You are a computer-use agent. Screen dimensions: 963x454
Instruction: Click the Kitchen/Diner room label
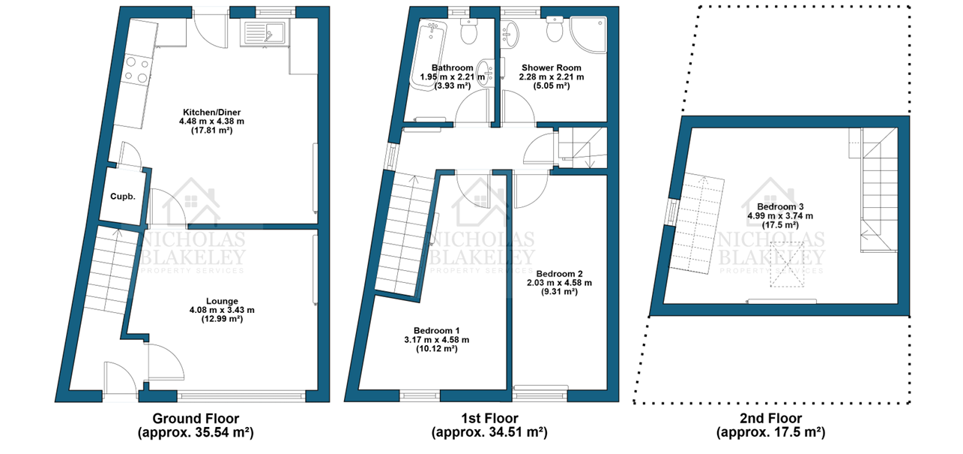click(211, 113)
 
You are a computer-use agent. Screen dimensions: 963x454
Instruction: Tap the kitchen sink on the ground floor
click(265, 33)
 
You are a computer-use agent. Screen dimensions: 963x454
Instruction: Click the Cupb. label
click(123, 197)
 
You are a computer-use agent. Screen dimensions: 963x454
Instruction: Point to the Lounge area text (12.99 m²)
click(222, 319)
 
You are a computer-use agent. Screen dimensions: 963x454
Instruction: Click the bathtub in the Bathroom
click(428, 56)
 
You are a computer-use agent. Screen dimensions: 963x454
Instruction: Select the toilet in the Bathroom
click(468, 31)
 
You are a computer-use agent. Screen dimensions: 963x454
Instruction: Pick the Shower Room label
click(551, 68)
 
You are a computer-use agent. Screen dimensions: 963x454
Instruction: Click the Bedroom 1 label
click(436, 330)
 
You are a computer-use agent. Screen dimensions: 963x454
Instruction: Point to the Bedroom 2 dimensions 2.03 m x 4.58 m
click(559, 283)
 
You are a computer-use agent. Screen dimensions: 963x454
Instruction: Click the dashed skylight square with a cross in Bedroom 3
click(787, 264)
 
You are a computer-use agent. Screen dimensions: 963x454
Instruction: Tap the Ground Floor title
click(196, 418)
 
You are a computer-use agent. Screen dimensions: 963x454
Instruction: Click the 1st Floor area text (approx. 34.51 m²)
click(489, 432)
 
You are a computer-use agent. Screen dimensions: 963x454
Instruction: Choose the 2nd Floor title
click(771, 418)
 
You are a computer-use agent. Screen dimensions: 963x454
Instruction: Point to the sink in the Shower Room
click(511, 34)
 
